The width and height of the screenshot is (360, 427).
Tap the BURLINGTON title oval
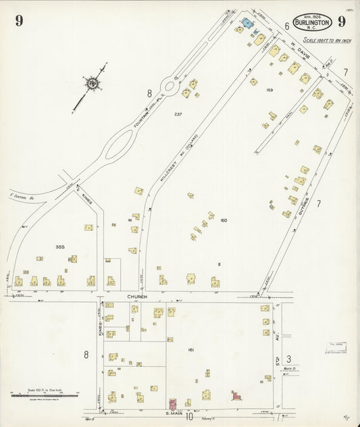312,22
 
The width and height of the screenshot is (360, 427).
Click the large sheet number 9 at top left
19,20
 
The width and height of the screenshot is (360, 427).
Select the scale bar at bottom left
44,393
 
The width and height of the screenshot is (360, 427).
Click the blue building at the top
247,24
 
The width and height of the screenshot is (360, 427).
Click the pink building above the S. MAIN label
172,404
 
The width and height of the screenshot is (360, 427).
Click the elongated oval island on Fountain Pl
120,143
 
